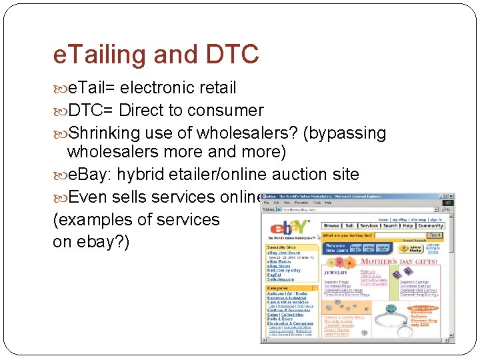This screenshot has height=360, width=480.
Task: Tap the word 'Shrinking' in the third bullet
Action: (x=107, y=133)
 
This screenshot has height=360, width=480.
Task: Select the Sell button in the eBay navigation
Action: (x=350, y=226)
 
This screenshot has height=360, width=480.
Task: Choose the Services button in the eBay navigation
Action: (x=369, y=226)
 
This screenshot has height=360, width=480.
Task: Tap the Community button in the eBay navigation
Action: (x=431, y=226)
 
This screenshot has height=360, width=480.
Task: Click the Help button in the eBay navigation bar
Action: (x=407, y=226)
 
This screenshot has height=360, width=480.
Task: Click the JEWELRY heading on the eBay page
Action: (x=335, y=272)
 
